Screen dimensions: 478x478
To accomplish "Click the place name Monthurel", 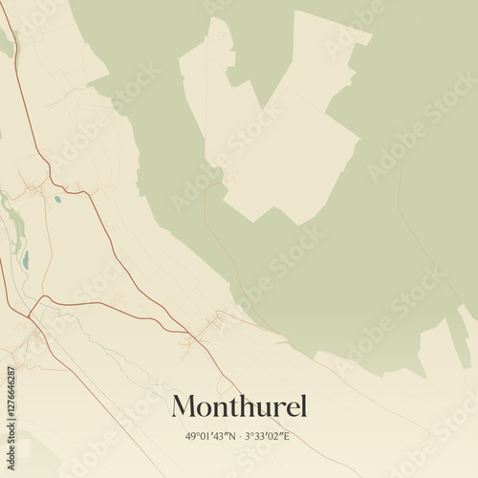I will coord(239,406).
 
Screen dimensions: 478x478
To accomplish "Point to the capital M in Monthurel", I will coord(185,406).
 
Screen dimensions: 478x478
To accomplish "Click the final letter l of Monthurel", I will coord(303,405).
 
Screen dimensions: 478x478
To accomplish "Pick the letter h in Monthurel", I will coord(242,405).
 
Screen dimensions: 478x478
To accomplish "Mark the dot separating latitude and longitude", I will coord(241,437).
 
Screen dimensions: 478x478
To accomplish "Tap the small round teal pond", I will coord(57,199).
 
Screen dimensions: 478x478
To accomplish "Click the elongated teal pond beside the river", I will coord(26,260).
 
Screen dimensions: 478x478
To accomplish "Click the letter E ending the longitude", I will coord(288,437).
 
